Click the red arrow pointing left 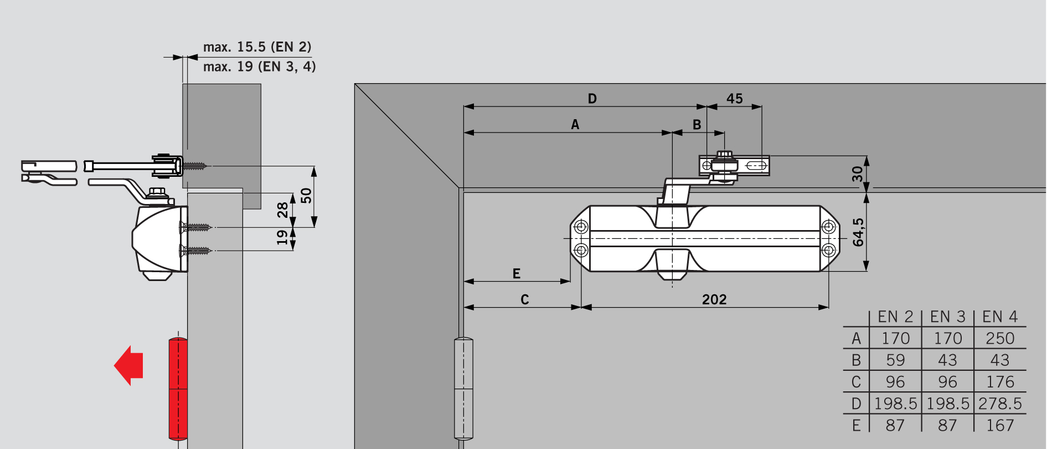(128, 365)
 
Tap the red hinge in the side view (178, 389)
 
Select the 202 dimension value (714, 299)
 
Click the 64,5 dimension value (858, 232)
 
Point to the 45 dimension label (735, 99)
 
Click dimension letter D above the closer (592, 99)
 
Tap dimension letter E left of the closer (517, 273)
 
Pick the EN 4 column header (1000, 317)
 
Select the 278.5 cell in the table (1000, 404)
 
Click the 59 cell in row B (895, 360)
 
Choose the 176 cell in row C (1000, 382)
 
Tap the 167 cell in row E (1000, 425)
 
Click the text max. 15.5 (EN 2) (257, 47)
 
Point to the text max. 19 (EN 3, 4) (260, 67)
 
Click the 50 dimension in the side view (306, 196)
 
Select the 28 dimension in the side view (283, 210)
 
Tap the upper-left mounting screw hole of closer (581, 227)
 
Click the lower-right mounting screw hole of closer (828, 250)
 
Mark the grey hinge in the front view (463, 389)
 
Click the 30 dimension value (858, 174)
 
